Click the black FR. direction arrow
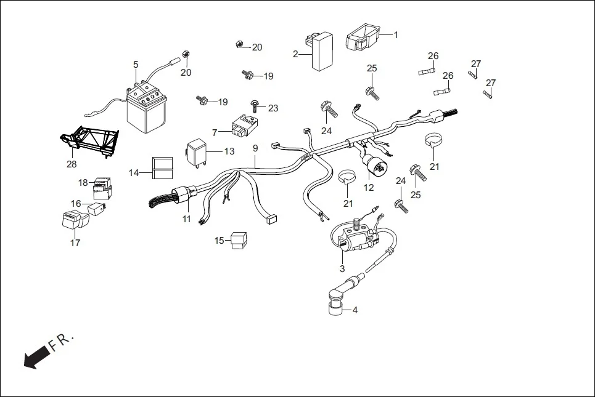[37, 356]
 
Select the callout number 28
[72, 164]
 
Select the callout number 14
[134, 173]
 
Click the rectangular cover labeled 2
[321, 52]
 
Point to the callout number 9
[255, 148]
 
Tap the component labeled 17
[72, 220]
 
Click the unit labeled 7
[241, 128]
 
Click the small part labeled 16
[98, 209]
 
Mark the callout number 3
[342, 268]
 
